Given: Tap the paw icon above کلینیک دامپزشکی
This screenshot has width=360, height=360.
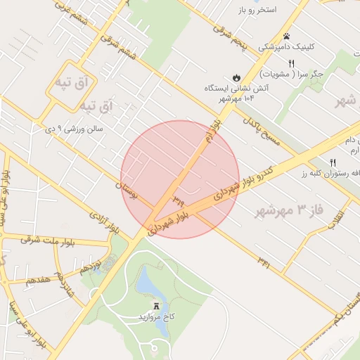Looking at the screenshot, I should pos(287,36).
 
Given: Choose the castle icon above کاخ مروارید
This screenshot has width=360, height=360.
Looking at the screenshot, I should pos(156,306).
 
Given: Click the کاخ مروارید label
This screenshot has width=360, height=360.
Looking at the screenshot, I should pos(155,318).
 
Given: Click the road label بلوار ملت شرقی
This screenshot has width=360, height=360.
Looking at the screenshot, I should pos(51,240).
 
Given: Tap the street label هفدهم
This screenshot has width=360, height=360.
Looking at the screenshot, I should pos(38,279).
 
